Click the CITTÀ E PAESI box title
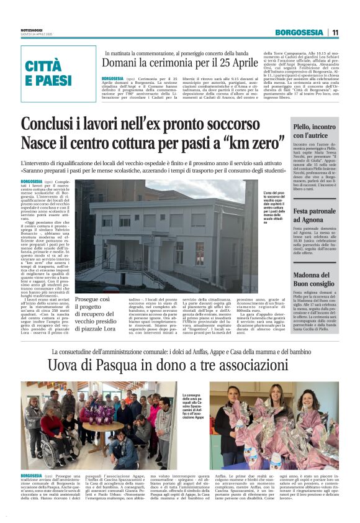coord(49,73)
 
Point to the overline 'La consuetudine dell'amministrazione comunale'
coord(180,352)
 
